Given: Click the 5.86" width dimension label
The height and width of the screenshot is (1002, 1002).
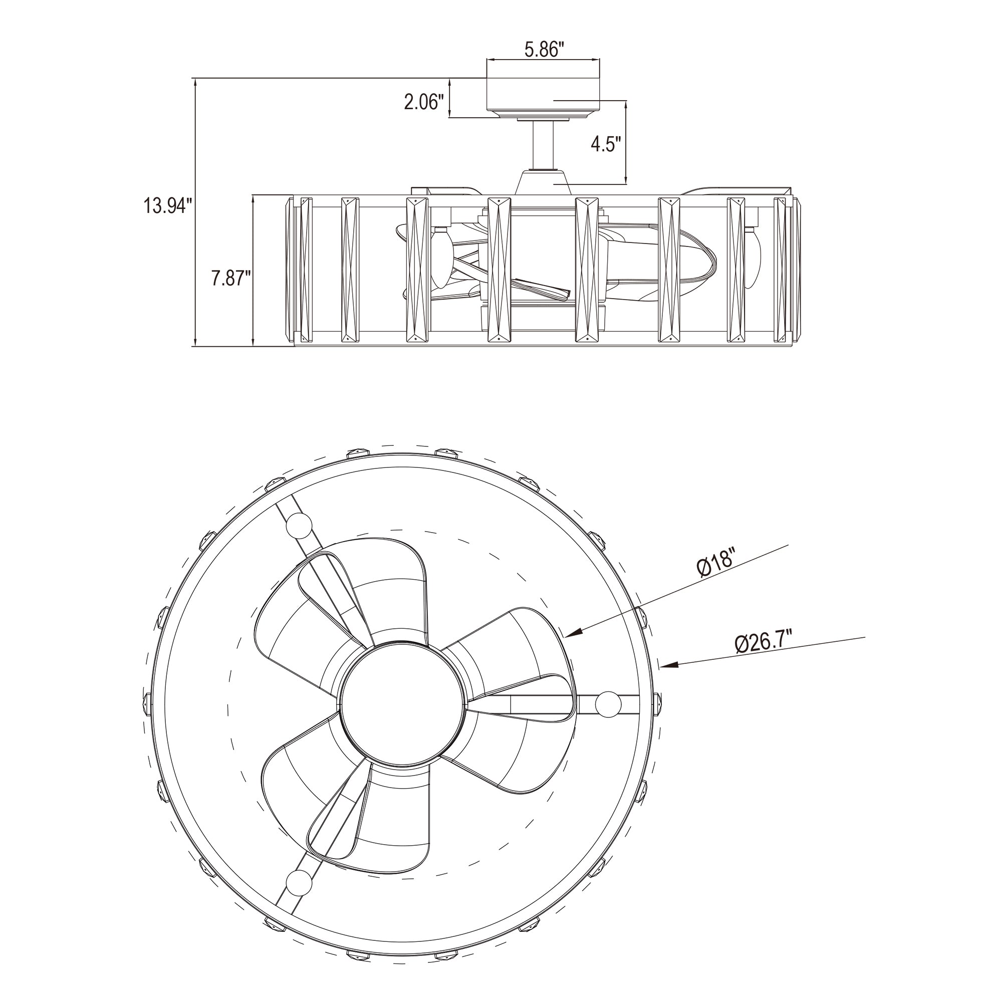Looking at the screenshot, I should (x=544, y=50).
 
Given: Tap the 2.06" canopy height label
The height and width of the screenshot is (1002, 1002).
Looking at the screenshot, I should (x=424, y=102).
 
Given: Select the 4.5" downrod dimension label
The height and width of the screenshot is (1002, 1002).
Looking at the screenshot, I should (x=606, y=144).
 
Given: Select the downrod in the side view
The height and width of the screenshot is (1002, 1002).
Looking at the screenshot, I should (x=543, y=145).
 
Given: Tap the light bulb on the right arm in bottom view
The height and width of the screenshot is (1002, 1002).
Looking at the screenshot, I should (x=608, y=704).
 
